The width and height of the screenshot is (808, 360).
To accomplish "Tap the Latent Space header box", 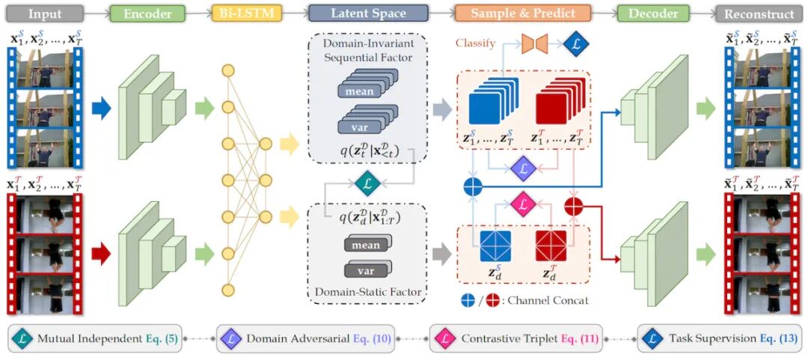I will pyautogui.click(x=368, y=13).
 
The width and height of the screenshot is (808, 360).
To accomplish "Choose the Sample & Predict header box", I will pyautogui.click(x=521, y=13).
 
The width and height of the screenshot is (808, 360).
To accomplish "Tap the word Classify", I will pyautogui.click(x=476, y=43).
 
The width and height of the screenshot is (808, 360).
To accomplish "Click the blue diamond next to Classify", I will pyautogui.click(x=576, y=43).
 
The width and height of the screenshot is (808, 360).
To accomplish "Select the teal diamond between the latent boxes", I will pyautogui.click(x=367, y=182).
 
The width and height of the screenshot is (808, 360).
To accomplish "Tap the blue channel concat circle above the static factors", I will pyautogui.click(x=472, y=186).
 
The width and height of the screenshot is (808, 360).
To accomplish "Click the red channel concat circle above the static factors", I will pyautogui.click(x=573, y=206).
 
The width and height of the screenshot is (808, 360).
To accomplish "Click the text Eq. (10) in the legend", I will pyautogui.click(x=370, y=339).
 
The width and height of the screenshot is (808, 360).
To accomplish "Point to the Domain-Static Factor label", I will pyautogui.click(x=367, y=291).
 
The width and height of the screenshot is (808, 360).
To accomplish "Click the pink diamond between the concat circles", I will pyautogui.click(x=523, y=203).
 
